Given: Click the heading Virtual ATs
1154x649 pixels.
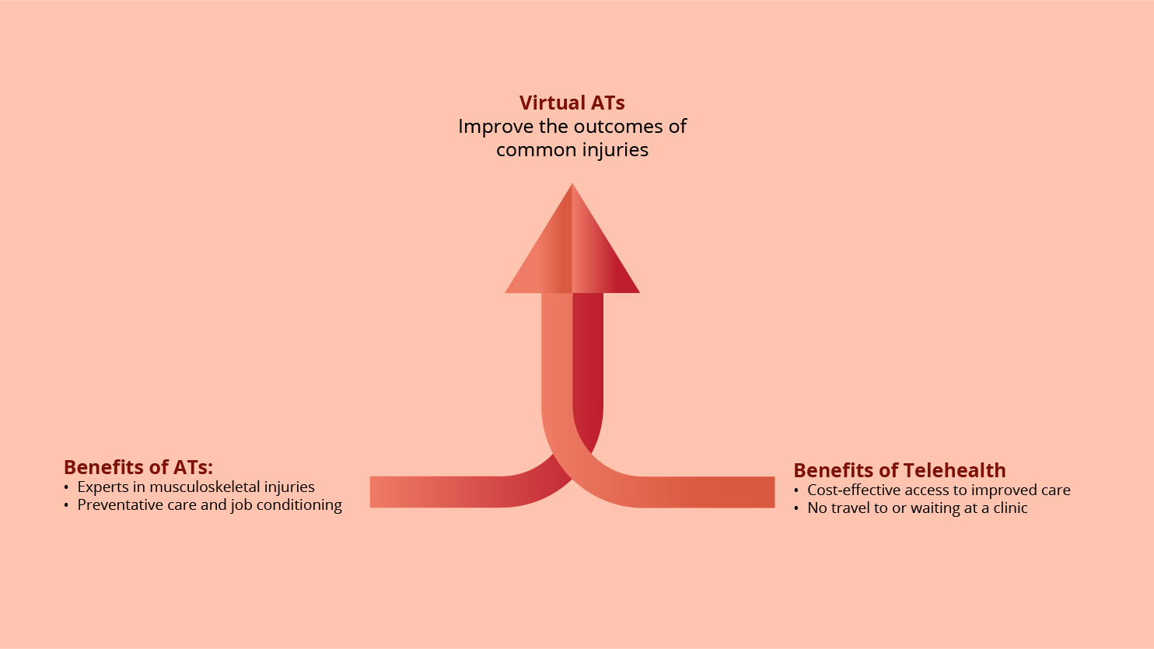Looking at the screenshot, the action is pos(572,103).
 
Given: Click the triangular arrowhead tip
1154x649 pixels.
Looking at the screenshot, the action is pos(572,184).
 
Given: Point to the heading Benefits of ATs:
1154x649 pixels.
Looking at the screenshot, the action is pos(138,467).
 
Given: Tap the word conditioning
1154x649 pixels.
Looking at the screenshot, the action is pos(299,505).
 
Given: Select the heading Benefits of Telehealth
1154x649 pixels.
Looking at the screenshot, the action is pos(900,470).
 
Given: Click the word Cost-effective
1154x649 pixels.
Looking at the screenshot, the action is pos(855,490).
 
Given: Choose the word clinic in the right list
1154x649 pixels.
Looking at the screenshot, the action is pos(1010,508).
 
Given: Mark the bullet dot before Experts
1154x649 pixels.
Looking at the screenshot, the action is pos(66,487).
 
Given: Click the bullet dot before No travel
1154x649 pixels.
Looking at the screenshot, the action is pos(796,508).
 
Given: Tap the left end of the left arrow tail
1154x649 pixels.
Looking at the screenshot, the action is pos(370,492).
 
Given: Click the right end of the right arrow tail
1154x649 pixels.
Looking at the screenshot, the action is pos(775,492).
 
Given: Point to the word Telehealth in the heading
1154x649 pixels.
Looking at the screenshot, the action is pos(954,470).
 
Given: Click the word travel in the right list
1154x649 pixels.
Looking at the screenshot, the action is pos(851,508).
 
